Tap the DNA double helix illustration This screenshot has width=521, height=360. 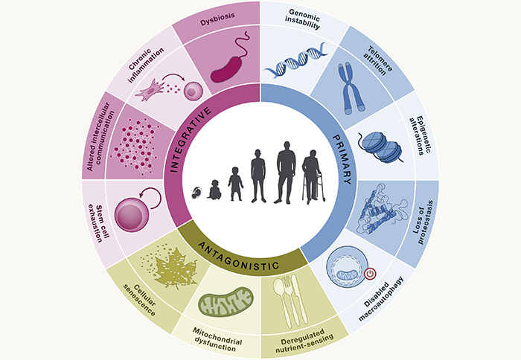[295, 60]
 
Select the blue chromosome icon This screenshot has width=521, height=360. [351, 89]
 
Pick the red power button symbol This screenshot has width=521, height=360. [370, 274]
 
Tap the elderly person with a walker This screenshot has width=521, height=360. [313, 177]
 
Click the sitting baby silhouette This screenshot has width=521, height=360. [214, 190]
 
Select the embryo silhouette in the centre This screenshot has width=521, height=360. [196, 193]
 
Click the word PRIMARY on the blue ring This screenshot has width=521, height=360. [342, 159]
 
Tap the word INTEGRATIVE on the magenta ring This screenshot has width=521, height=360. [191, 140]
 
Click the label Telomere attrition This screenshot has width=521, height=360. [378, 60]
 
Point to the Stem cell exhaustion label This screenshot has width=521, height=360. [99, 223]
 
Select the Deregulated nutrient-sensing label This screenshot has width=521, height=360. [304, 341]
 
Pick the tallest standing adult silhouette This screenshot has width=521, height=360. [286, 173]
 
